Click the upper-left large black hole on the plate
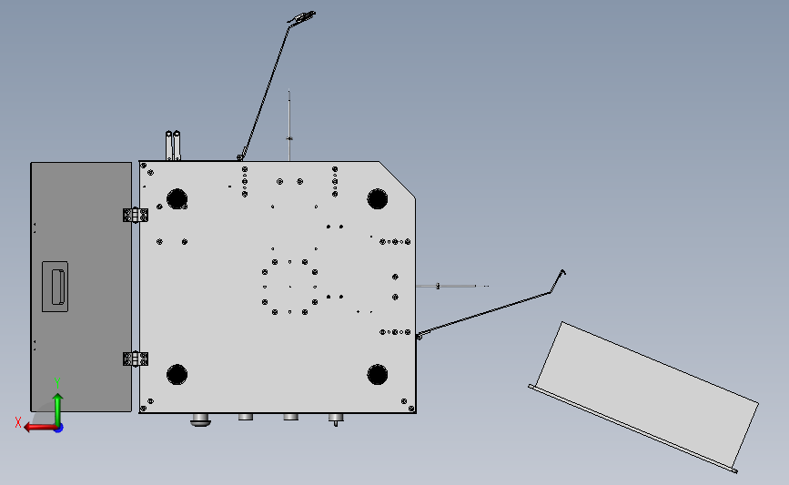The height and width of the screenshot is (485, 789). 177,198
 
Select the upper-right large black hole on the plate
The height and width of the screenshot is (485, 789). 378,198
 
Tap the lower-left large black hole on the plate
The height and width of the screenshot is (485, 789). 177,375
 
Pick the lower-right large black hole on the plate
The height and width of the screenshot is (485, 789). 378,375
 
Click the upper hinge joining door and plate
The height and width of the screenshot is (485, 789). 136,215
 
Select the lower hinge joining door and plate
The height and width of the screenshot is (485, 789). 136,359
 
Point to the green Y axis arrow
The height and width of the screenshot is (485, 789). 58,409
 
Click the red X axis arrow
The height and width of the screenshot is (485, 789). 40,427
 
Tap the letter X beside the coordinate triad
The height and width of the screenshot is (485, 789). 18,422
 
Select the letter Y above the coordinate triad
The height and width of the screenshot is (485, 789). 57,384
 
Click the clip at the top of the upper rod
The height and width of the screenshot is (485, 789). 301,16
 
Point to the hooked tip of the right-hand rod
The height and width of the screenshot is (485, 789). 563,272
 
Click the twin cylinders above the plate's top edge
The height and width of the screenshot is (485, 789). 173,146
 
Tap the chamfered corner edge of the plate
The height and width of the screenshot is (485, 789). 397,179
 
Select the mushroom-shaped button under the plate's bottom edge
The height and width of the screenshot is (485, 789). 200,419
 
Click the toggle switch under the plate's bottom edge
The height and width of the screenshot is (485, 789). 336,419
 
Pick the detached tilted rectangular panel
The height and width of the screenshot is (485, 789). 643,397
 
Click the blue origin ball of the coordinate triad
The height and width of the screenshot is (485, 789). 58,428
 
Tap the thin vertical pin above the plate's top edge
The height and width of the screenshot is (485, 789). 289,126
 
